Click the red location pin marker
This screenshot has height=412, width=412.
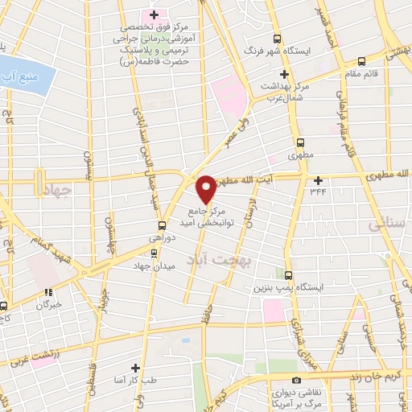(x=207, y=188)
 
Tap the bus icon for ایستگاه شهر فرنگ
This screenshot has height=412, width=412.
(x=278, y=38)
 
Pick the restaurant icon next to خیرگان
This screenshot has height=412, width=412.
(x=48, y=292)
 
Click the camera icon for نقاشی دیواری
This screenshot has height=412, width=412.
(x=297, y=379)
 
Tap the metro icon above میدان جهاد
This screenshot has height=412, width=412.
(x=154, y=252)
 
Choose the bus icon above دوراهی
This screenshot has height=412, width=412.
(x=163, y=225)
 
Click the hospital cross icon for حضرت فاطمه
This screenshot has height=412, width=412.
(x=154, y=15)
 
